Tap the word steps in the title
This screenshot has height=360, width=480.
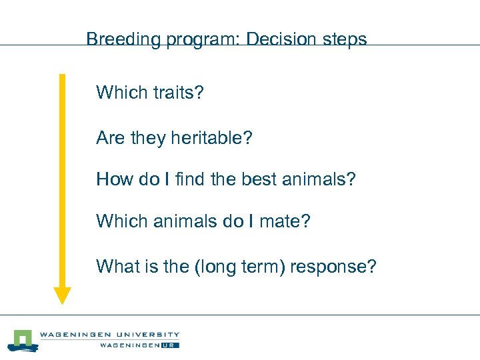[x=345, y=39]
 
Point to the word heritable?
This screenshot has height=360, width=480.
[x=211, y=139]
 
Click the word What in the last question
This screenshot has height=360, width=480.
[x=116, y=267]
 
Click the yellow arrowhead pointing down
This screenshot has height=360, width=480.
[x=62, y=295]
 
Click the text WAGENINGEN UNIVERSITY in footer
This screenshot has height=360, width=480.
[x=109, y=335]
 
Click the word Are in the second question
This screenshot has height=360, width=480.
[x=111, y=139]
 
